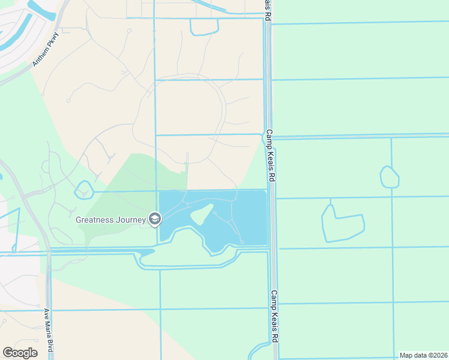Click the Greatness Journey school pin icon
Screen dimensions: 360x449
click(155, 219)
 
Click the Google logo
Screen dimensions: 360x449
click(20, 352)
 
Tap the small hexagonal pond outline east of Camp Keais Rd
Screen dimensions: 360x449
click(390, 177)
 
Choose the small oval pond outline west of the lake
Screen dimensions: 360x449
click(83, 190)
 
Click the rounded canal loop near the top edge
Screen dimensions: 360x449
click(203, 28)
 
